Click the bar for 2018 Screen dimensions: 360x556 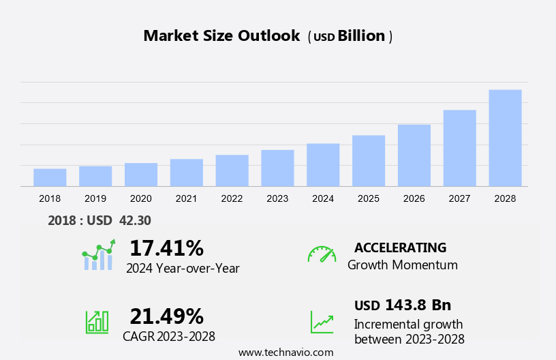click(50, 177)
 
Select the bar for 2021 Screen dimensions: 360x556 click(187, 172)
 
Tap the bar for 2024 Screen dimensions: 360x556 click(323, 165)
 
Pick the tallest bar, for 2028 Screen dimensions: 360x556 click(505, 138)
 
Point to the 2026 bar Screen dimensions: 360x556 click(414, 155)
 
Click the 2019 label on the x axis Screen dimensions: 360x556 click(95, 198)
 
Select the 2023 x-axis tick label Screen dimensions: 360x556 click(277, 198)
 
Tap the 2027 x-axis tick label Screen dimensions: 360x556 click(459, 198)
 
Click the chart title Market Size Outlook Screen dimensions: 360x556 click(221, 36)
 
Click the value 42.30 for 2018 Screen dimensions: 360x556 click(134, 220)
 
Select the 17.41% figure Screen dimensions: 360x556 click(166, 247)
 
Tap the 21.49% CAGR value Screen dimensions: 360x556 click(166, 316)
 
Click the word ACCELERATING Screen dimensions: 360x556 click(400, 247)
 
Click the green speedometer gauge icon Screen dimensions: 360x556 click(322, 254)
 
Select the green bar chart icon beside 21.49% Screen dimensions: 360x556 click(97, 322)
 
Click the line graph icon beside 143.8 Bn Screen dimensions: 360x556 click(322, 322)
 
